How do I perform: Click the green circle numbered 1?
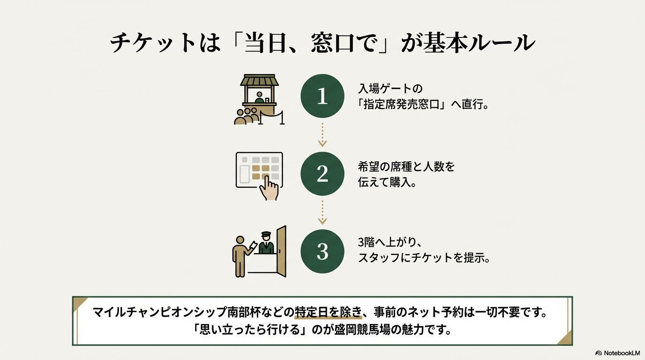322,96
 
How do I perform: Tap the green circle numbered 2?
322,174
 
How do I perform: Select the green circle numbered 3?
322,251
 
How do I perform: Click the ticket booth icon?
259,99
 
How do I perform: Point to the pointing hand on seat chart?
270,187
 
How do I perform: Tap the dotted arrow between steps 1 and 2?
322,135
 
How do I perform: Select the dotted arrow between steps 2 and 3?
322,212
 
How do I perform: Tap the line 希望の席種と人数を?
406,167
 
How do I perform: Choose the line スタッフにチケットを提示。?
424,258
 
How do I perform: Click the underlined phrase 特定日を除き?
328,312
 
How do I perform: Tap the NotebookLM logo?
617,353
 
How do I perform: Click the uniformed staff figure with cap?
266,243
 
